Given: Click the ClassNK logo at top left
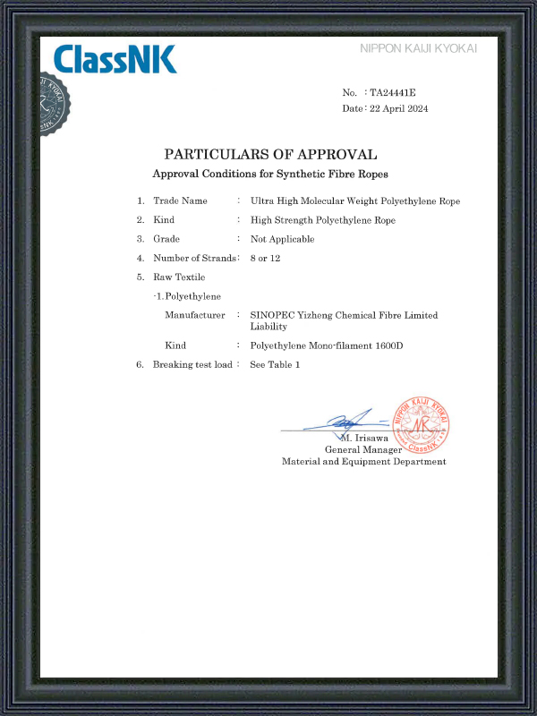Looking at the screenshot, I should (115, 59).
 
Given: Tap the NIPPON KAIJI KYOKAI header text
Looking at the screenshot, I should (418, 48).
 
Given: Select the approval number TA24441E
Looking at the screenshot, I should (394, 93).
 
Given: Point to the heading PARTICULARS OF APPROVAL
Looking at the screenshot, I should (270, 154).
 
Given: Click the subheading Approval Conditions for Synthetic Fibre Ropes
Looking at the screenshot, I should (270, 173).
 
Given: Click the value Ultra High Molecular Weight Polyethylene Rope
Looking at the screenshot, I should (355, 200).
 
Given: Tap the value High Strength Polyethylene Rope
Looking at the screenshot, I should (322, 220).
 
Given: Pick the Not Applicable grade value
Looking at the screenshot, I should (282, 239).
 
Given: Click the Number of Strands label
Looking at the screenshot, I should (195, 259).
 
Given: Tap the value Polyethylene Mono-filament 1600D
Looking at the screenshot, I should (327, 345).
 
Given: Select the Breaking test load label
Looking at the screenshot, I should (192, 364).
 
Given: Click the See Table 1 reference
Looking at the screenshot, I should (275, 364).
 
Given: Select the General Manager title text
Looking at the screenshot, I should (363, 449).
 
